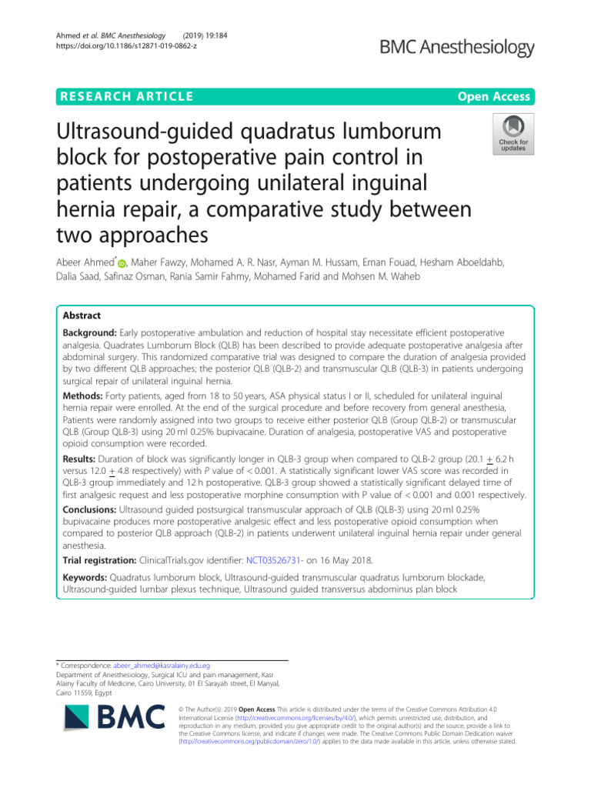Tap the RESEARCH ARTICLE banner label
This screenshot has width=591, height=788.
[x=127, y=96]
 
